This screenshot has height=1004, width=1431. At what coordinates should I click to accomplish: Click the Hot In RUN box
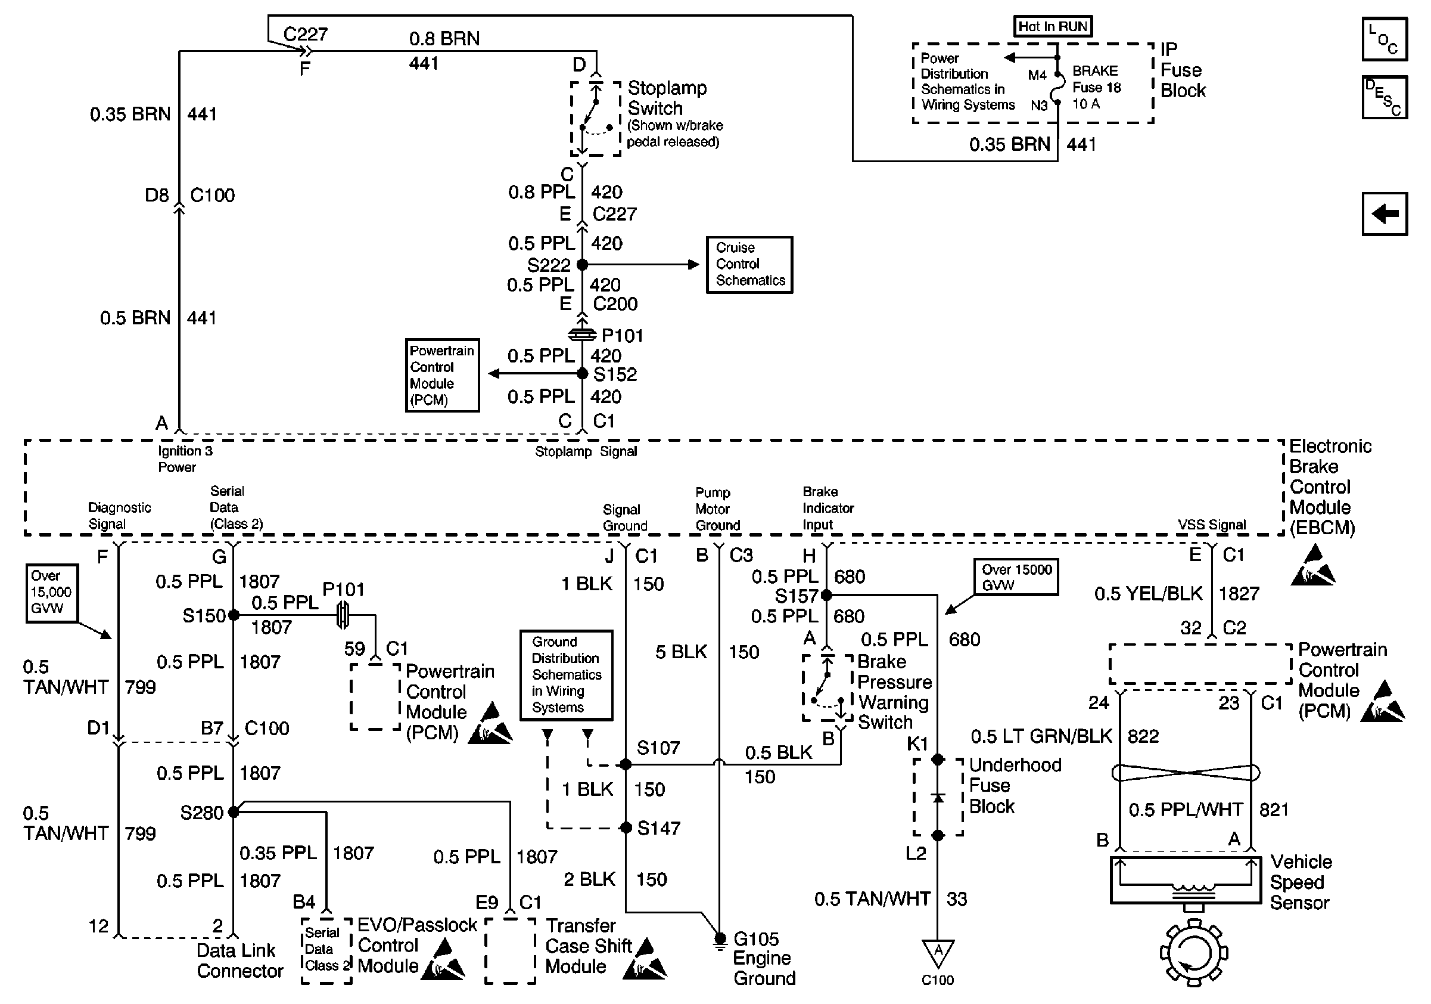pyautogui.click(x=1052, y=26)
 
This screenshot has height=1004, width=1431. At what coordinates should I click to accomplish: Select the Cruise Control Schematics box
pyautogui.click(x=749, y=264)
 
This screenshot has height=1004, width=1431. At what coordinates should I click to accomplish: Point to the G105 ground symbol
pyautogui.click(x=720, y=940)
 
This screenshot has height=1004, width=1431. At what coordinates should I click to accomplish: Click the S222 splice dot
pyautogui.click(x=582, y=264)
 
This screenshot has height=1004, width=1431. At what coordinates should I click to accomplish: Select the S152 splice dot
pyautogui.click(x=582, y=374)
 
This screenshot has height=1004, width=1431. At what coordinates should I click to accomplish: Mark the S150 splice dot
pyautogui.click(x=233, y=615)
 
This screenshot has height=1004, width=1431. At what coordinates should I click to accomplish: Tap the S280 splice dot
pyautogui.click(x=233, y=812)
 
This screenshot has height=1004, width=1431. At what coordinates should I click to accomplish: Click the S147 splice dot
pyautogui.click(x=626, y=828)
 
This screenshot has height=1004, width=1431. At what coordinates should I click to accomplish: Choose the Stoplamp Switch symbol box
pyautogui.click(x=596, y=119)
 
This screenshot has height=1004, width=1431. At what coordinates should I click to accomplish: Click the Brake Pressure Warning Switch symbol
pyautogui.click(x=827, y=688)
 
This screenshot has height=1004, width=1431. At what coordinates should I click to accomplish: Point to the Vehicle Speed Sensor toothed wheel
pyautogui.click(x=1193, y=953)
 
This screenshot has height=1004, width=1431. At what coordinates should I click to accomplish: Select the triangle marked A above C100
pyautogui.click(x=937, y=952)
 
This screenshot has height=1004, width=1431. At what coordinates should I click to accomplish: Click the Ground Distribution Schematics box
pyautogui.click(x=566, y=675)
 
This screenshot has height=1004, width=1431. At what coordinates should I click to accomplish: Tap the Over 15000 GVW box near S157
pyautogui.click(x=1016, y=577)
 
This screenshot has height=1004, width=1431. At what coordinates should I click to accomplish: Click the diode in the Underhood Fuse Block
pyautogui.click(x=937, y=798)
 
